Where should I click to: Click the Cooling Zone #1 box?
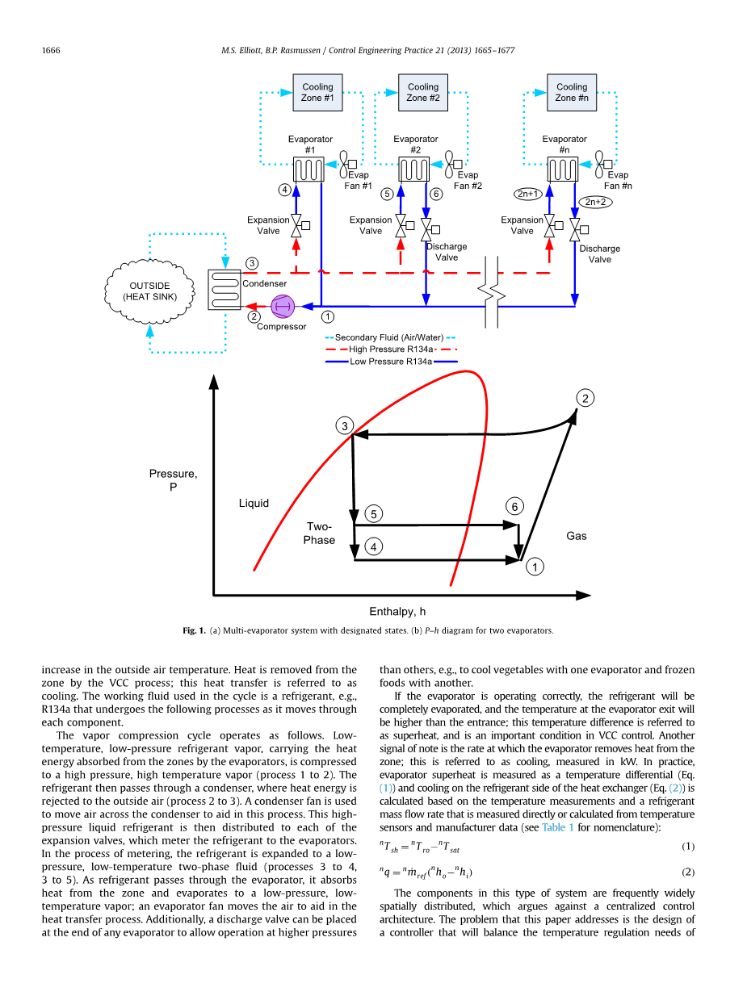(317, 93)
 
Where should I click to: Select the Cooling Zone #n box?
(572, 93)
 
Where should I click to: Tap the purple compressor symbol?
(283, 306)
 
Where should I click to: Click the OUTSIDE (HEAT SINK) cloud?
(149, 291)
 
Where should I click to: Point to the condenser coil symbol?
(225, 290)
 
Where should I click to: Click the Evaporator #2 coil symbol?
(413, 169)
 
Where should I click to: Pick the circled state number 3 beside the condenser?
(252, 263)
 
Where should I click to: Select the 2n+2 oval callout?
(595, 202)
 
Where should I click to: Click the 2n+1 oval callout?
(528, 194)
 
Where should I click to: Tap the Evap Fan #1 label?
(359, 180)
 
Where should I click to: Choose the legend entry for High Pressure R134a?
(391, 349)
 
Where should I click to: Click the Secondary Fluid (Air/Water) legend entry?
(390, 337)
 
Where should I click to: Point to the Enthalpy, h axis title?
(397, 611)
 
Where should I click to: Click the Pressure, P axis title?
(174, 480)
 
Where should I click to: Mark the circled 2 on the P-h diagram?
(585, 398)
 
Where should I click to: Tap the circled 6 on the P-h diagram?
(514, 506)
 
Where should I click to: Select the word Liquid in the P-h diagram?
(254, 503)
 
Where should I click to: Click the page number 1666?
(51, 50)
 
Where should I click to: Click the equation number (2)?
(688, 872)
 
